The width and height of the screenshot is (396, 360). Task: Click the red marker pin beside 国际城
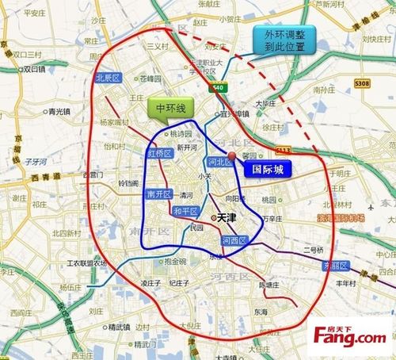233,155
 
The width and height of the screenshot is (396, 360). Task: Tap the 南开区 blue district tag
158,194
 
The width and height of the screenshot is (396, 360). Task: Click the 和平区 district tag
184,211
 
